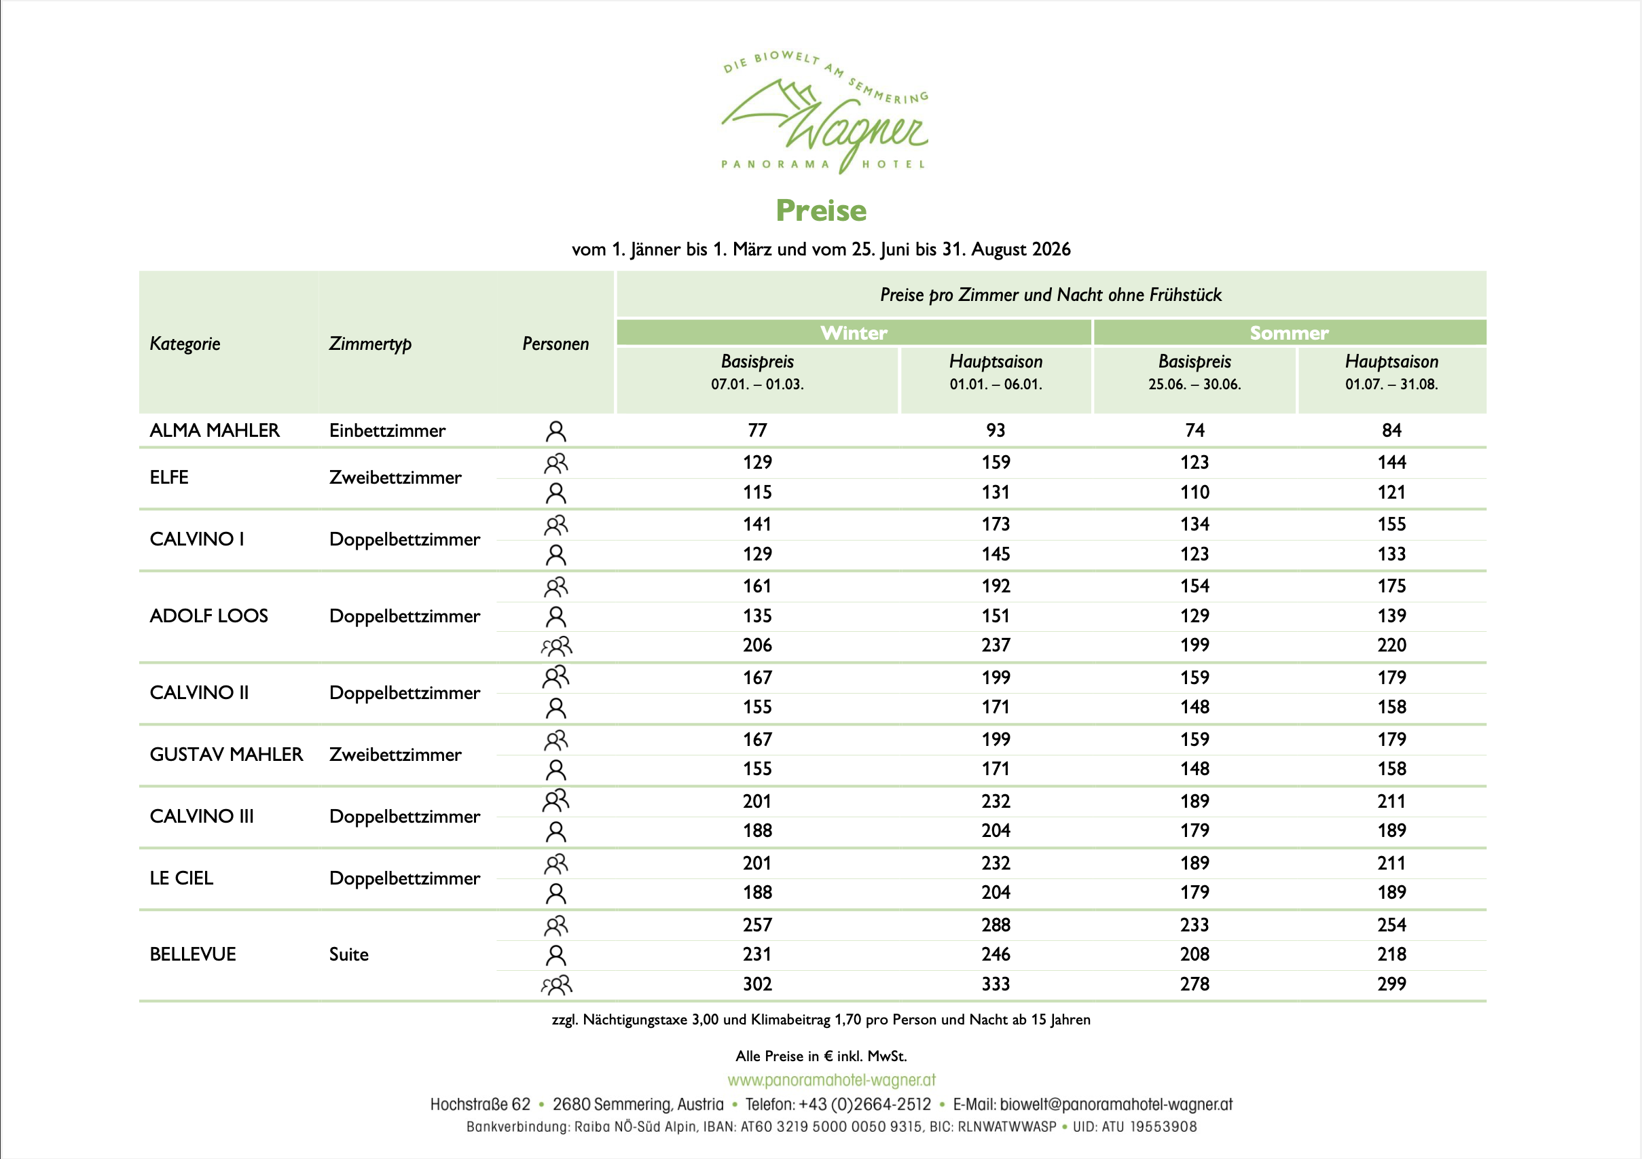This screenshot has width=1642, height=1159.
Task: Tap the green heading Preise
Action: pyautogui.click(x=821, y=211)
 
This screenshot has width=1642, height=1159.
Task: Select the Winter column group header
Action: pyautogui.click(x=853, y=333)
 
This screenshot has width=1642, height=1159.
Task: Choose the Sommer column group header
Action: pyautogui.click(x=1289, y=333)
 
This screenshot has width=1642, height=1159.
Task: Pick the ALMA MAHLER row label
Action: pyautogui.click(x=214, y=431)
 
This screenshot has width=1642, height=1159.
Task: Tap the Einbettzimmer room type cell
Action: pyautogui.click(x=387, y=431)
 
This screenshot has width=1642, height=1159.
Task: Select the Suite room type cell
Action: pyautogui.click(x=348, y=955)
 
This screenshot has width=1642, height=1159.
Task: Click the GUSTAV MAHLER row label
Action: pyautogui.click(x=226, y=755)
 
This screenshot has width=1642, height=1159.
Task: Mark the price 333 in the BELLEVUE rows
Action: pyautogui.click(x=996, y=984)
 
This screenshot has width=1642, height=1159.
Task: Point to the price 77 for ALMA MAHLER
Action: pyautogui.click(x=757, y=431)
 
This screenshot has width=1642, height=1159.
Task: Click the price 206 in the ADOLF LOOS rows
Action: pyautogui.click(x=757, y=645)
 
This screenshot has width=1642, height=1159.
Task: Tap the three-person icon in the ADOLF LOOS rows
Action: pyautogui.click(x=556, y=646)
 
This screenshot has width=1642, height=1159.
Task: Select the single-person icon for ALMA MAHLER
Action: pyautogui.click(x=555, y=431)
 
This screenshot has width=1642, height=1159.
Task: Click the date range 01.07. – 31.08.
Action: pyautogui.click(x=1391, y=385)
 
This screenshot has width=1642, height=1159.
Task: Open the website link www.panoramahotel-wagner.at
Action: pyautogui.click(x=831, y=1080)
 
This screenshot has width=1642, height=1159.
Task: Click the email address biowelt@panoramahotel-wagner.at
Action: pyautogui.click(x=1116, y=1105)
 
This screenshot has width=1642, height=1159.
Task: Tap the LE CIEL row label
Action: pyautogui.click(x=181, y=878)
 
